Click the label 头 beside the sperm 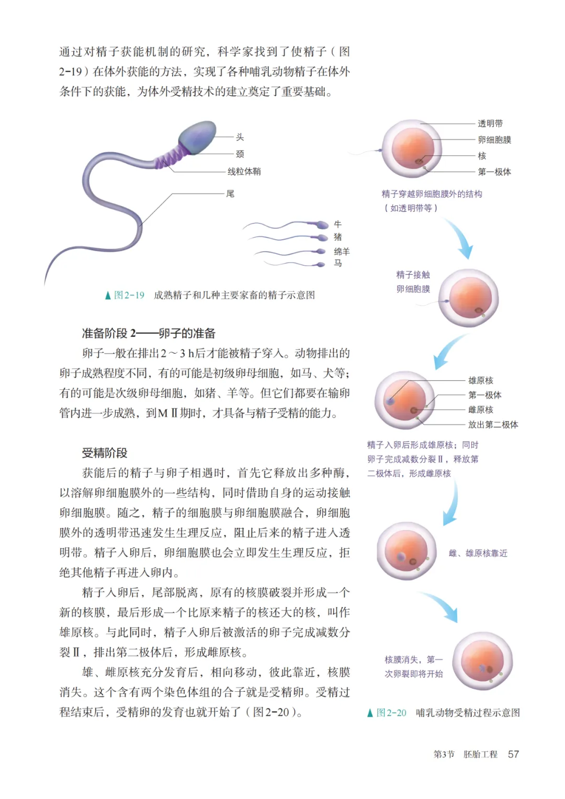point(240,137)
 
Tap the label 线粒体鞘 point(244,172)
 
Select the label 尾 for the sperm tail point(230,194)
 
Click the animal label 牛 point(338,224)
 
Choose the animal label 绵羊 point(342,251)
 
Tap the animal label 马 point(338,263)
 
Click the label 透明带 point(490,123)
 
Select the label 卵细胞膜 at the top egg point(494,140)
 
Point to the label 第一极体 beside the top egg point(494,172)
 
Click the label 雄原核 point(481,380)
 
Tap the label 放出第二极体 point(493,424)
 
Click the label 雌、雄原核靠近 point(478,553)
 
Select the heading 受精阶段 point(105,453)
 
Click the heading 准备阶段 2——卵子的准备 point(149,333)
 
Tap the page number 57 point(513,754)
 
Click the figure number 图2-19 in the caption point(129,295)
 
